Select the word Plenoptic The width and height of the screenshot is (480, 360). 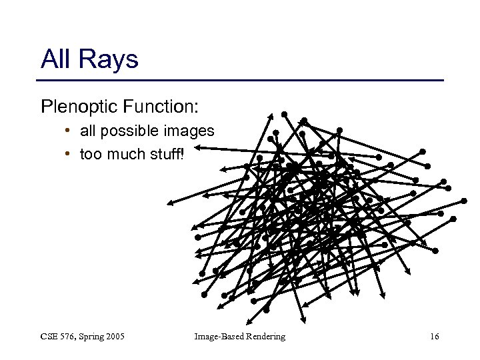75,106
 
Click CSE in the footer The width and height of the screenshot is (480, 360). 50,337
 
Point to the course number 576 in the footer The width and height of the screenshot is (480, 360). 70,337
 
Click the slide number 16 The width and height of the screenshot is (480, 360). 434,337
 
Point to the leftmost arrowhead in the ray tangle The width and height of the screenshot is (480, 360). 170,202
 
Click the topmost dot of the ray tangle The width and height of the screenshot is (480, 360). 284,114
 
